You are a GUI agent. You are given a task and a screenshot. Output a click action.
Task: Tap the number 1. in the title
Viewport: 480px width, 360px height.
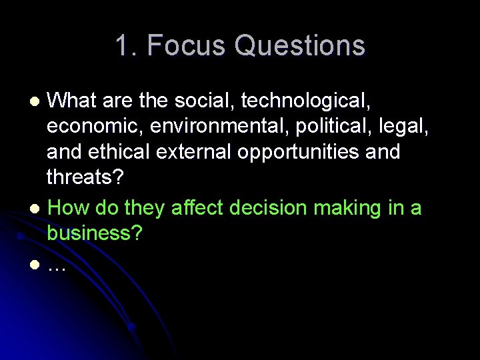click(126, 46)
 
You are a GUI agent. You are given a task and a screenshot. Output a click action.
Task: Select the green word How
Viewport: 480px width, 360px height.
click(69, 208)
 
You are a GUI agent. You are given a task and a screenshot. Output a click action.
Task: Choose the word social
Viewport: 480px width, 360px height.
click(203, 100)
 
